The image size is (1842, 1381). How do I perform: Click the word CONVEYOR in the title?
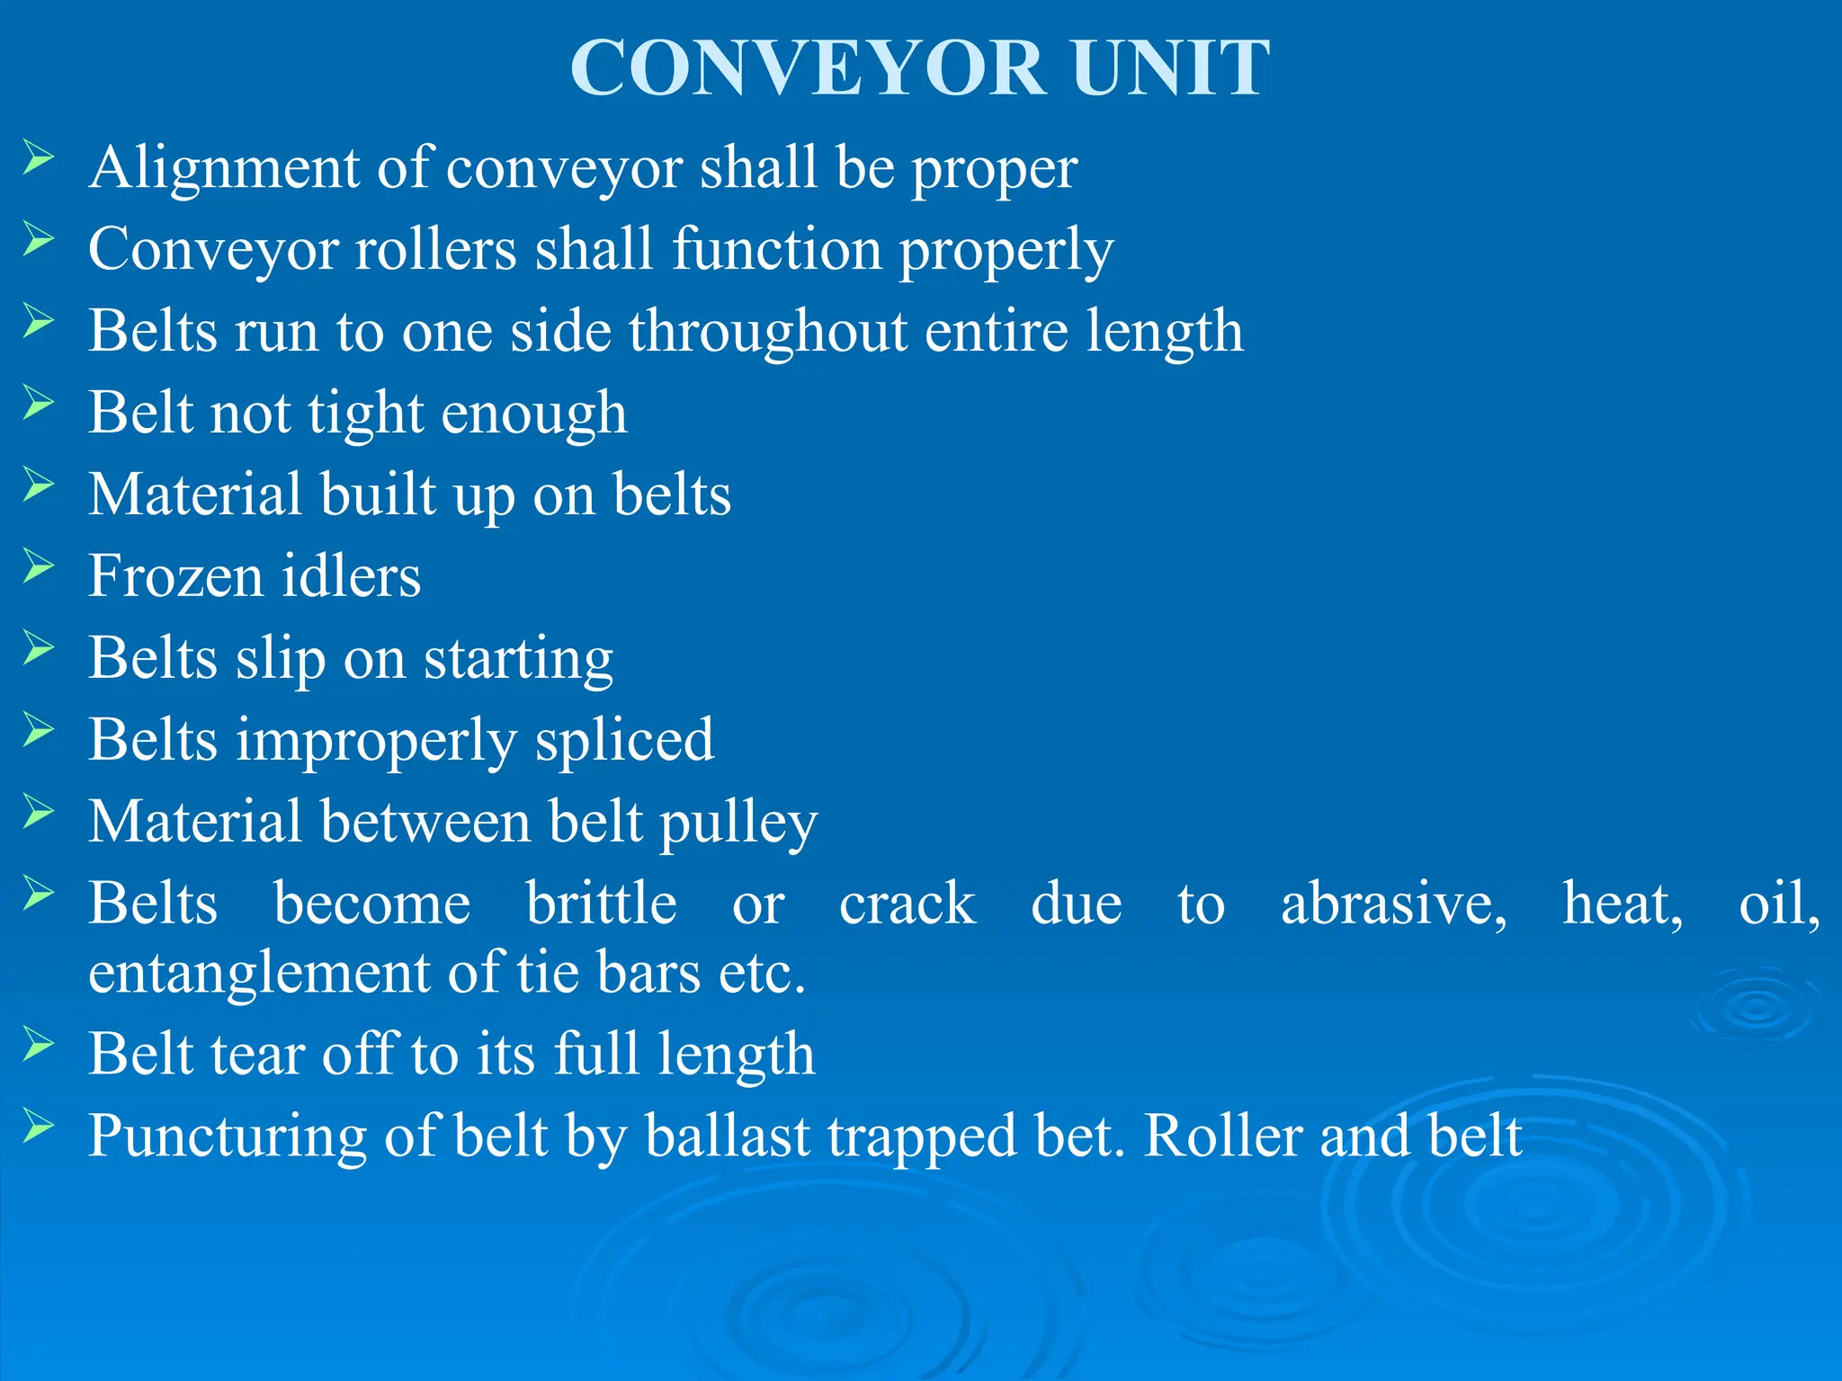[x=809, y=68]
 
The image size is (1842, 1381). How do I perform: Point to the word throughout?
[x=767, y=332]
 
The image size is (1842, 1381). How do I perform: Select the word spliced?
[x=624, y=741]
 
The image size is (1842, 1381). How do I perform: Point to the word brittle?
[x=601, y=903]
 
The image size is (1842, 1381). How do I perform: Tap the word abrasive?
[x=1393, y=903]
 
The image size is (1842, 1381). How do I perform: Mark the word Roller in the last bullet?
[x=1222, y=1136]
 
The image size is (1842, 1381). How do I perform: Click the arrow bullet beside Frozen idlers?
[x=39, y=566]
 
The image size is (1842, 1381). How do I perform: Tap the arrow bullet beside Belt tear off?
[x=39, y=1045]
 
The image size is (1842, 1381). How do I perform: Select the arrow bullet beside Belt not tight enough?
[x=39, y=403]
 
